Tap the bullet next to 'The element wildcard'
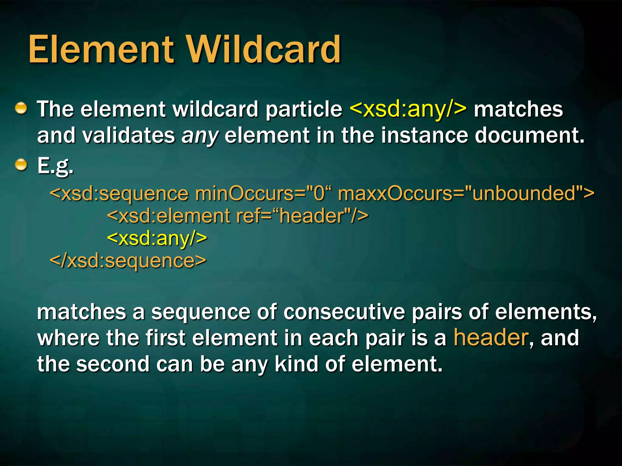click(21, 108)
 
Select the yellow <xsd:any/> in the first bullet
click(408, 109)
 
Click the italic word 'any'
click(200, 136)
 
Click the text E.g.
click(55, 166)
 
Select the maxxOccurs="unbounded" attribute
click(466, 193)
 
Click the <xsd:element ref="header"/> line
click(238, 216)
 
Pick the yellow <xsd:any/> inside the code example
click(157, 238)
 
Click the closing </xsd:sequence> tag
click(128, 261)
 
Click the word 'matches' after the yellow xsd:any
click(518, 109)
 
